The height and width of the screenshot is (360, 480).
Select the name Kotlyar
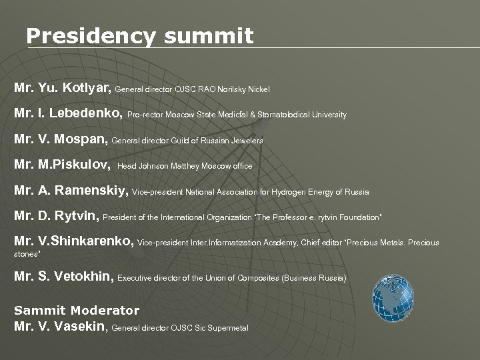click(88, 88)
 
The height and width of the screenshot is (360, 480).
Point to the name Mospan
click(83, 140)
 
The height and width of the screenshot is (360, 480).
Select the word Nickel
click(259, 89)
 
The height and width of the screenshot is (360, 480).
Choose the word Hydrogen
click(287, 192)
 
